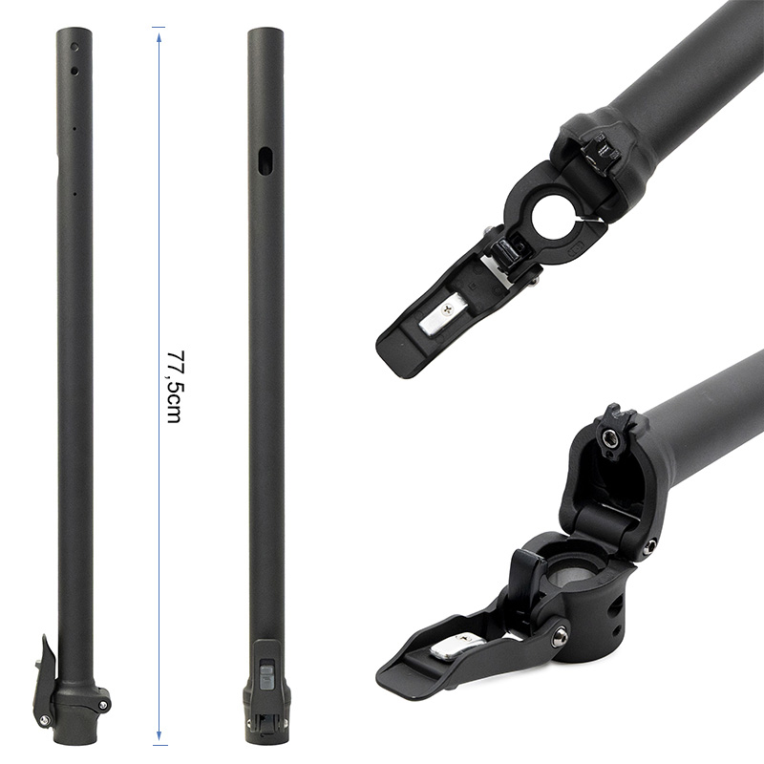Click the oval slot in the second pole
pyautogui.click(x=265, y=158)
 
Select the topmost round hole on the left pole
pyautogui.click(x=74, y=45)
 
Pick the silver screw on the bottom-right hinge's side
pyautogui.click(x=649, y=546)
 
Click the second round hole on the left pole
pyautogui.click(x=74, y=69)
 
